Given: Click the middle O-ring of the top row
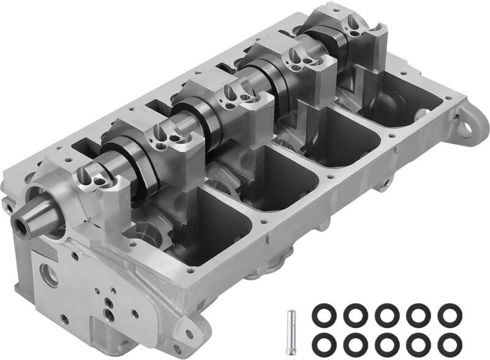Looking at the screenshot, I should point(386,316).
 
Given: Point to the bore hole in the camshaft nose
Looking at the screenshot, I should point(23,228).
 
